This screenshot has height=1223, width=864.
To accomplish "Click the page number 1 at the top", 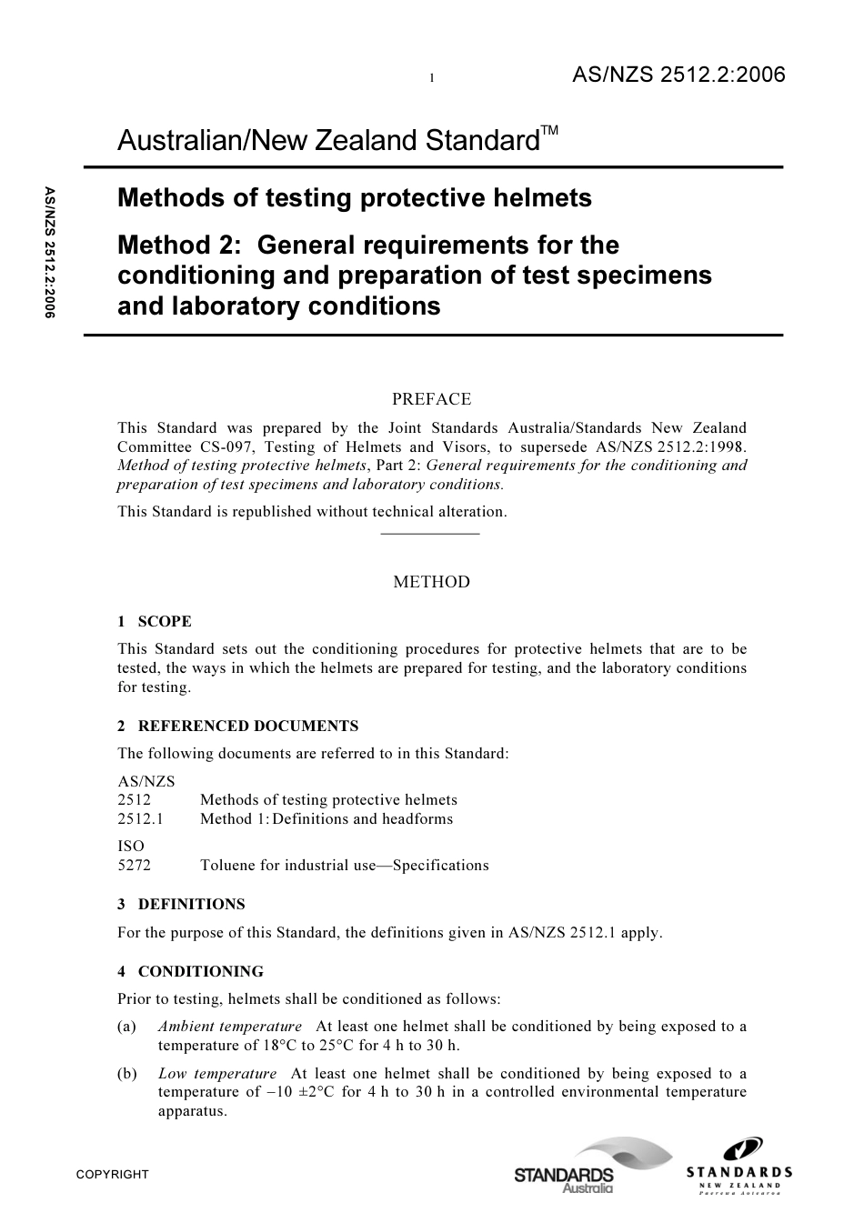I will pos(432,79).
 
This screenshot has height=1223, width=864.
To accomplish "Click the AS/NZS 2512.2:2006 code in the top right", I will pos(678,75).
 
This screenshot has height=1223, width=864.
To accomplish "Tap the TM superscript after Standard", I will pos(550,133).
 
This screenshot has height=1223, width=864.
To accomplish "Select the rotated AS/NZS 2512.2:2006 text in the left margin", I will pos(49,252).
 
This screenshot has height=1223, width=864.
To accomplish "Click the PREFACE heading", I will pos(431,399).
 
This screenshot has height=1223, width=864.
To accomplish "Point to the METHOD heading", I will pos(431,582).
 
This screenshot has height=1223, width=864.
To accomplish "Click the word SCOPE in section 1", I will pos(165,622).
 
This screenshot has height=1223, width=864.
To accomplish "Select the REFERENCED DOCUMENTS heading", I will pos(247,727).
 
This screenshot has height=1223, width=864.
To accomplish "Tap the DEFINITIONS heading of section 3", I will pos(191,905).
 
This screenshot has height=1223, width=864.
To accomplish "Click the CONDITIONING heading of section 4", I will pos(200,972).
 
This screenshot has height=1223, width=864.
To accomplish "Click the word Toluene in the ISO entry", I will pos(227,866).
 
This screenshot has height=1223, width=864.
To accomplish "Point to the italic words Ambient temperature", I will pos(229,1027).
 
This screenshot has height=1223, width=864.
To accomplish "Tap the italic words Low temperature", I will pos(216,1074).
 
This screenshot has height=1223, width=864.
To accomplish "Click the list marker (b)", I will pos(127,1074).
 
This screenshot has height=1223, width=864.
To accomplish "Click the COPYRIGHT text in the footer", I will pos(112,1175).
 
